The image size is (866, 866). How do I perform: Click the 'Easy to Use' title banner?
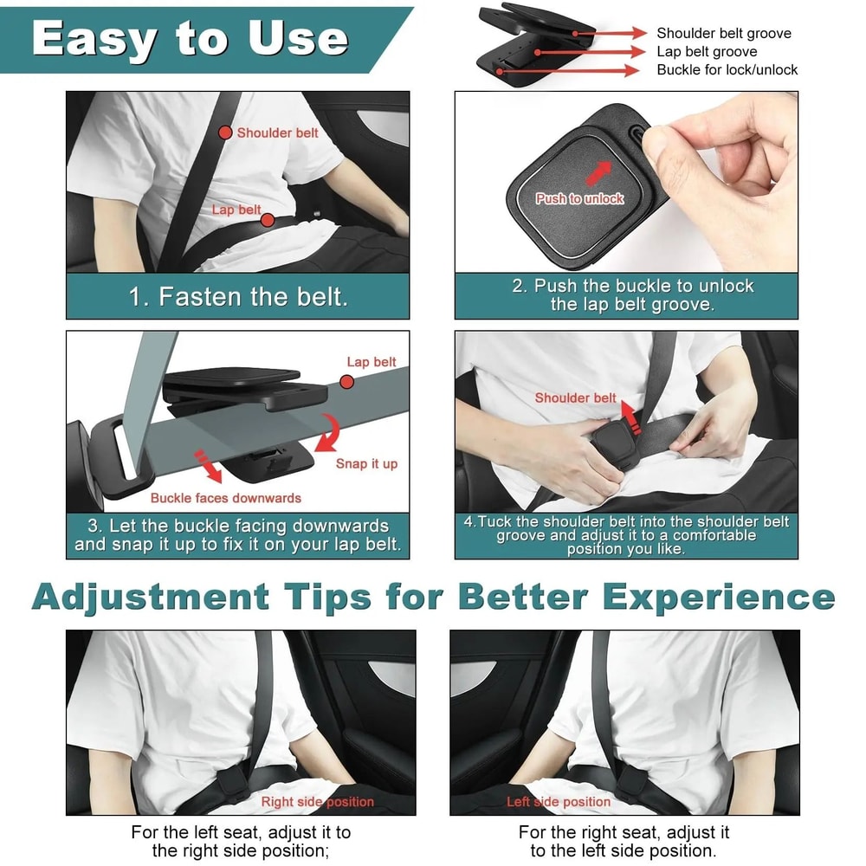pyautogui.click(x=191, y=39)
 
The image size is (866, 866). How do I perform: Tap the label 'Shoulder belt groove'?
pyautogui.click(x=723, y=33)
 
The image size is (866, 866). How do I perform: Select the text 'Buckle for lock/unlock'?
pyautogui.click(x=727, y=69)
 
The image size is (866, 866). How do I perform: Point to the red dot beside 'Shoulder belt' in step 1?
pyautogui.click(x=225, y=132)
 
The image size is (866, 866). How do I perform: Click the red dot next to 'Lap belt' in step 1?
pyautogui.click(x=268, y=220)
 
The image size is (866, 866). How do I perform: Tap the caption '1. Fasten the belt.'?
pyautogui.click(x=238, y=297)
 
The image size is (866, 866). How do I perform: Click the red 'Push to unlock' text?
pyautogui.click(x=579, y=198)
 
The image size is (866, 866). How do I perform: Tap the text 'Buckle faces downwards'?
pyautogui.click(x=225, y=498)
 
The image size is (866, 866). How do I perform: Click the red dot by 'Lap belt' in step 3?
pyautogui.click(x=347, y=382)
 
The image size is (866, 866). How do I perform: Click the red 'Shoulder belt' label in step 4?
pyautogui.click(x=575, y=397)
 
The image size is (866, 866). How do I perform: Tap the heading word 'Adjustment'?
pyautogui.click(x=151, y=597)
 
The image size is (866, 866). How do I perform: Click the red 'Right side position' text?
pyautogui.click(x=317, y=802)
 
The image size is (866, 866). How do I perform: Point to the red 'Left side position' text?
pyautogui.click(x=559, y=802)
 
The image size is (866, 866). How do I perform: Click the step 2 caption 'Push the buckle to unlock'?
pyautogui.click(x=632, y=286)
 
